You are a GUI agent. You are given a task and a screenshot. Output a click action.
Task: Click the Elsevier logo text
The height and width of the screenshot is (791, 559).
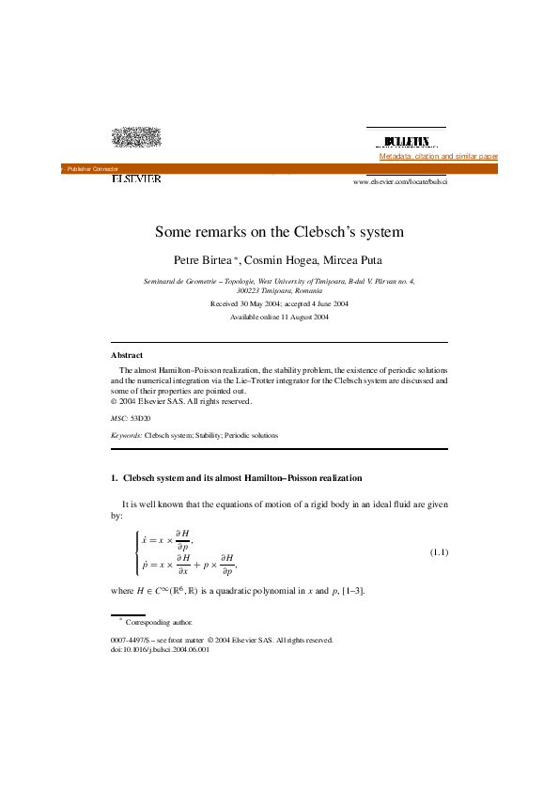[136, 178]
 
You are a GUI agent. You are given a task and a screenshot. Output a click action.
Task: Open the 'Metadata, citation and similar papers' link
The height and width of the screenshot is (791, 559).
[438, 156]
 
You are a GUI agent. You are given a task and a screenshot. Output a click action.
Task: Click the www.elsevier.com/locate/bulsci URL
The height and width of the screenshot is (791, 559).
[400, 180]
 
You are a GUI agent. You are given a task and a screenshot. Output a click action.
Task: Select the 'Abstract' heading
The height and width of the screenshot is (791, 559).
[127, 355]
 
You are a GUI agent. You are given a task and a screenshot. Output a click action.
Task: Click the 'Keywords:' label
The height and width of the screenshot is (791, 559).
[127, 436]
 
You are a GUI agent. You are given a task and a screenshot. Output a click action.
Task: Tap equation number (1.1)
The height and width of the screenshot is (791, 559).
[439, 551]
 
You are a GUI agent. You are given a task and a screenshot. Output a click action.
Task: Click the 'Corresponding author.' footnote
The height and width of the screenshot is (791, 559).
[159, 622]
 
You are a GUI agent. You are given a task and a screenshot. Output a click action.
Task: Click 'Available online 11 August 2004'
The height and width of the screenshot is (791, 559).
[279, 318]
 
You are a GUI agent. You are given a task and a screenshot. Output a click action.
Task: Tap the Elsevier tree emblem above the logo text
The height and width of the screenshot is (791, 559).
[136, 138]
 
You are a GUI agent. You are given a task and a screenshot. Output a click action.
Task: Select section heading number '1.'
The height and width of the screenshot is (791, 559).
[115, 478]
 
